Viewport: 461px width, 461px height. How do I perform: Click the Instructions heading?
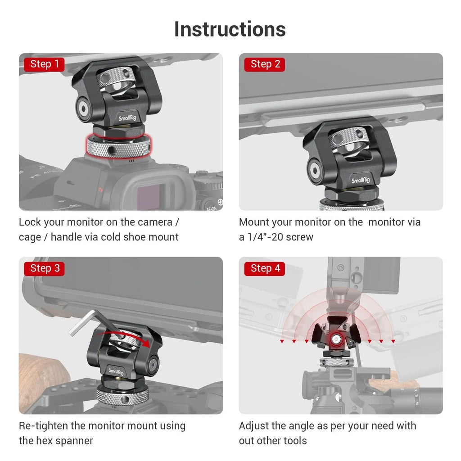click(230, 29)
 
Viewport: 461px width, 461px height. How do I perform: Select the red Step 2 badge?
click(265, 64)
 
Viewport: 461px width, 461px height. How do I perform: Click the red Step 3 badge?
click(44, 269)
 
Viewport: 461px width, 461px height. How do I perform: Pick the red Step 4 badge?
click(265, 269)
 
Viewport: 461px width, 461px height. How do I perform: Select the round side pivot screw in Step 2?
click(315, 171)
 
